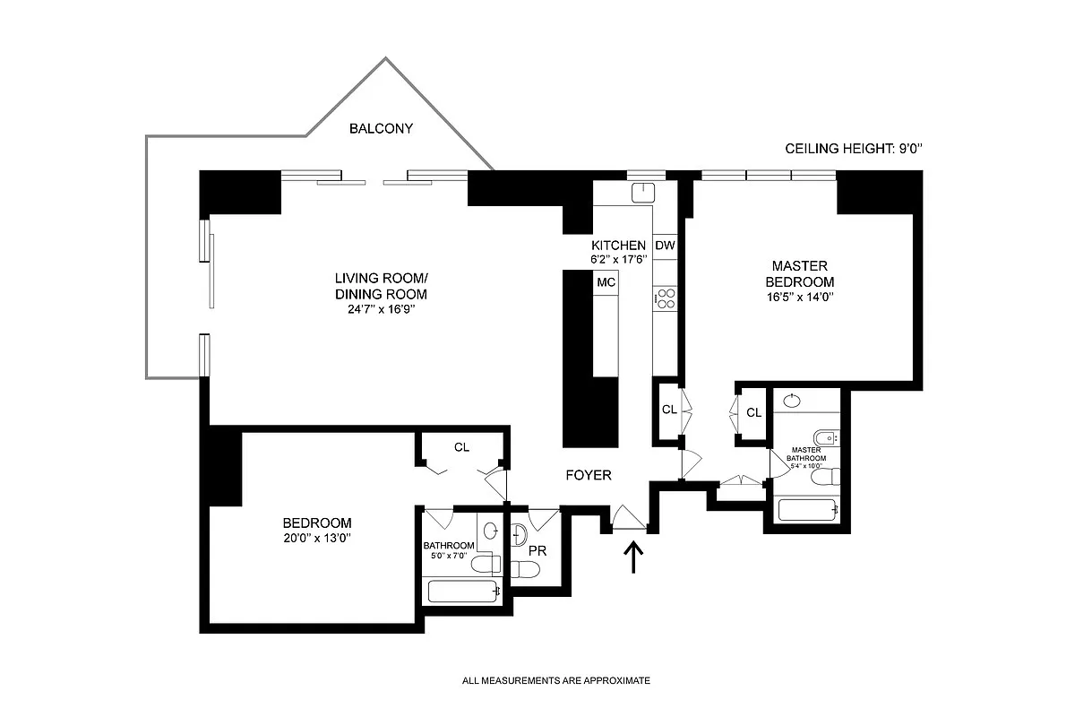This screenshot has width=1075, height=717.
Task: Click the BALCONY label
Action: (x=381, y=128)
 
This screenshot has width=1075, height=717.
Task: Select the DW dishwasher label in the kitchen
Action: (x=665, y=246)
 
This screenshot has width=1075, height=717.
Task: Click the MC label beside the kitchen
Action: (x=606, y=282)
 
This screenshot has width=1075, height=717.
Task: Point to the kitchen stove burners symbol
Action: (x=665, y=298)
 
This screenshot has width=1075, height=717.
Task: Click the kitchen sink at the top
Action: (x=644, y=193)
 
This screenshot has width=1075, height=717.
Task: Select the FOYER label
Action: (x=588, y=475)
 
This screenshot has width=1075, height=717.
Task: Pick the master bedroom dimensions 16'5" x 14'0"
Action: (x=800, y=297)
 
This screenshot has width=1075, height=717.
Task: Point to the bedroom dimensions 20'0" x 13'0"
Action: (x=316, y=539)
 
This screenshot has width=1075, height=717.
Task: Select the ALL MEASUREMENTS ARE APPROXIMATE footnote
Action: (x=555, y=681)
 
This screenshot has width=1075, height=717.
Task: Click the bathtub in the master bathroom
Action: (x=808, y=510)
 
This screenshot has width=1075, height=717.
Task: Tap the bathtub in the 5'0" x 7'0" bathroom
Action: (x=463, y=591)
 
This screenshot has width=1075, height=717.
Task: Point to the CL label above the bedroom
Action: (x=461, y=446)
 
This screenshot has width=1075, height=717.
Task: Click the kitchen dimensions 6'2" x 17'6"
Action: (x=617, y=259)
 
